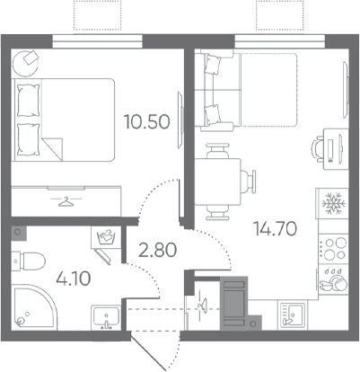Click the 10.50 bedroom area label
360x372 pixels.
(147, 122)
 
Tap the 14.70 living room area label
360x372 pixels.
(275, 229)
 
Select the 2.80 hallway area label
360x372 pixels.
(157, 250)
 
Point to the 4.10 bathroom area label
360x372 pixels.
(74, 279)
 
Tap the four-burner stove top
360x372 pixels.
(333, 248)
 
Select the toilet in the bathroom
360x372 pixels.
(28, 260)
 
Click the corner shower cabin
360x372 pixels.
(33, 307)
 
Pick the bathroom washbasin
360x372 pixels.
(106, 317)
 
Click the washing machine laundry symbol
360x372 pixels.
(106, 237)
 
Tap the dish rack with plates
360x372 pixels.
(333, 279)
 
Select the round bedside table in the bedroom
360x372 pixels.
(25, 64)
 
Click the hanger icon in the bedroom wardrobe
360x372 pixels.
(66, 201)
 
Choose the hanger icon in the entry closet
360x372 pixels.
(202, 306)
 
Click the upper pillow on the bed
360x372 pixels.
(29, 101)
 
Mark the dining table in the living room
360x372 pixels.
(218, 182)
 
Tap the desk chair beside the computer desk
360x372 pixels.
(318, 147)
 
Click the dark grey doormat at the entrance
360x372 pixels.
(233, 303)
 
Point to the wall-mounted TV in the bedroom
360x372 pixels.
(180, 120)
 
